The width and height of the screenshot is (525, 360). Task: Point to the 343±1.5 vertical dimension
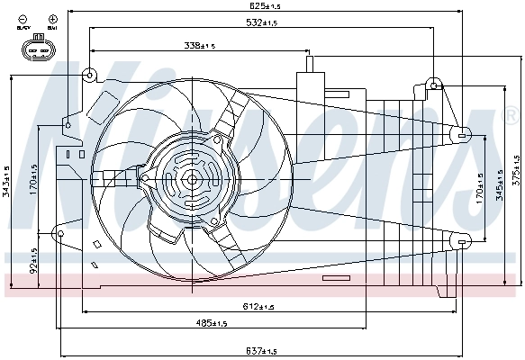(6, 181)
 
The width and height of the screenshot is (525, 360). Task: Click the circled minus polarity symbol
(22, 18)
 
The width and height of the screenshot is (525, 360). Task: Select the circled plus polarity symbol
(53, 18)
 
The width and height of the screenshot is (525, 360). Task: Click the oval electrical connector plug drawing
(36, 49)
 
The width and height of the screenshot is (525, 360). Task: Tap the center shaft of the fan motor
(191, 179)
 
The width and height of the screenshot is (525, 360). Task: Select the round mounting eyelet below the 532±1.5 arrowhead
(434, 85)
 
